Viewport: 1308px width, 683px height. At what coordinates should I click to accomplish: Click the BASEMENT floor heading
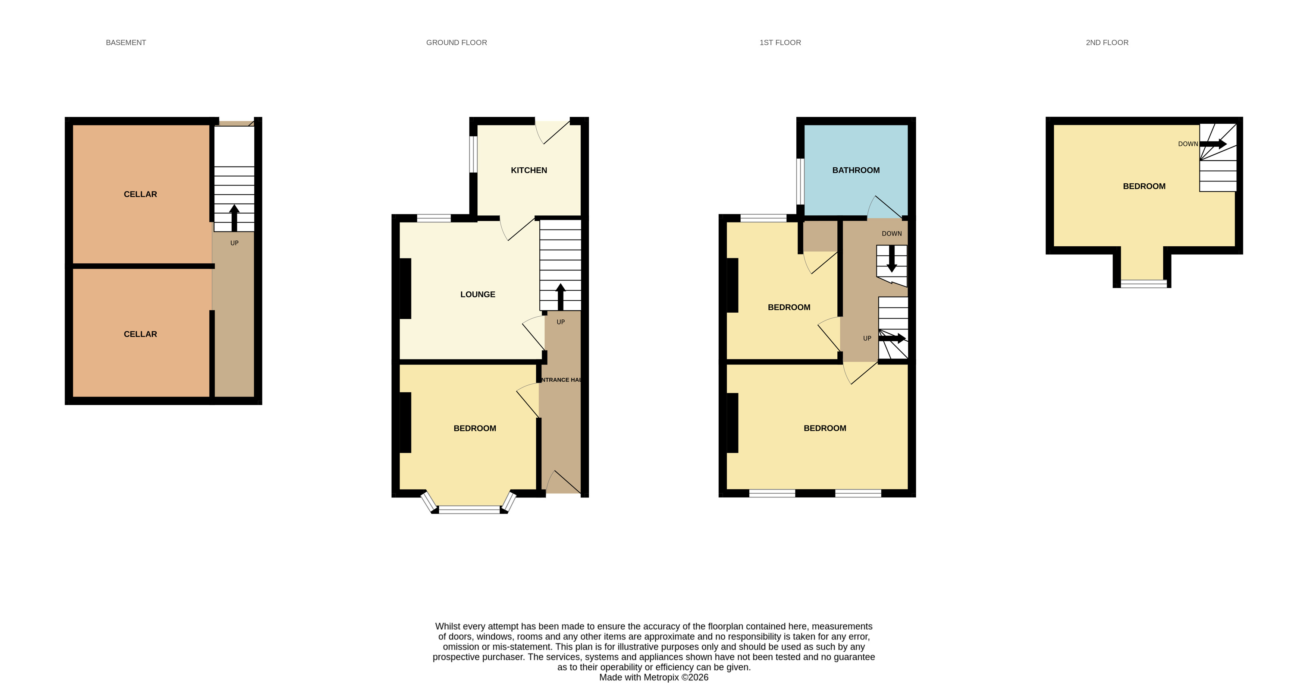126,42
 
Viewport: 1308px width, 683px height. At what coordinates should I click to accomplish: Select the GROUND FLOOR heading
457,42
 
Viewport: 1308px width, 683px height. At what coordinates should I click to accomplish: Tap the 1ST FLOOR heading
780,42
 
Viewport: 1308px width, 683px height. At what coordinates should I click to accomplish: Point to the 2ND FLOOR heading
1107,42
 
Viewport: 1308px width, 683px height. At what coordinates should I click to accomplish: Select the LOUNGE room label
477,294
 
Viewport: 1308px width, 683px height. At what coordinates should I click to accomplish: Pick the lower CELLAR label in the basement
140,334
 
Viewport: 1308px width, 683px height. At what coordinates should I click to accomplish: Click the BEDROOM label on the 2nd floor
1144,186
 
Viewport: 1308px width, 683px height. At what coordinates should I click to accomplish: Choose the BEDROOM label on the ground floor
475,428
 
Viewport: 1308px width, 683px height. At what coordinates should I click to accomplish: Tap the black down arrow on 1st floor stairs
892,259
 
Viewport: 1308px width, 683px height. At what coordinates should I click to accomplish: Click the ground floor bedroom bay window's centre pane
469,509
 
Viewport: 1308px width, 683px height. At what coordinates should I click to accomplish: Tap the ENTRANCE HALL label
561,380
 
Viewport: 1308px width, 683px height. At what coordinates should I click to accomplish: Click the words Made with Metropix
639,677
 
